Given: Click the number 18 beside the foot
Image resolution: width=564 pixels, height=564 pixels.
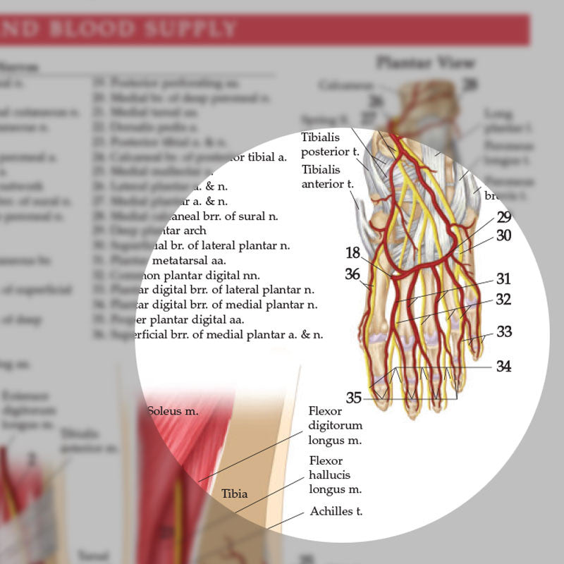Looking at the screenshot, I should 353,253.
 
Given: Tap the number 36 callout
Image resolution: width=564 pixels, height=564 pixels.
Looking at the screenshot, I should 353,274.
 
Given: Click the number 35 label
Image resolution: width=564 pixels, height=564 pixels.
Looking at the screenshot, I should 353,398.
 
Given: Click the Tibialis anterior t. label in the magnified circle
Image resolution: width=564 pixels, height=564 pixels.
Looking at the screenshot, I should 321,177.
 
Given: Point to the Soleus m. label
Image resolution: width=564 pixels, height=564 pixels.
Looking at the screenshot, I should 173,410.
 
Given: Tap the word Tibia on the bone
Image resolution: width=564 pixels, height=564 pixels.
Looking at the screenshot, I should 235,493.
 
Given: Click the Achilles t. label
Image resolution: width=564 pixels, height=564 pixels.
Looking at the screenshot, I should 336,511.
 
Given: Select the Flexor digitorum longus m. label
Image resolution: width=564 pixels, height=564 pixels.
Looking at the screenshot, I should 335,426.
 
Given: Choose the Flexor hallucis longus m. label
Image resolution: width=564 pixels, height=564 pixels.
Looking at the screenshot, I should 335,475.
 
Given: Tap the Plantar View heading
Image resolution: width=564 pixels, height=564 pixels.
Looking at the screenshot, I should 425,62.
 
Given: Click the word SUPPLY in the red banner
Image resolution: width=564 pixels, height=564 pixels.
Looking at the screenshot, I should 194,29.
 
